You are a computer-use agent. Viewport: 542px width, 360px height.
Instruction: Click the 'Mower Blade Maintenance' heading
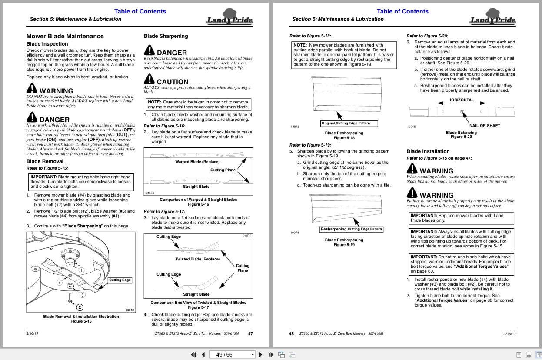pyautogui.click(x=65, y=36)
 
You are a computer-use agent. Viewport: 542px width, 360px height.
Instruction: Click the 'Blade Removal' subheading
pyautogui.click(x=45, y=161)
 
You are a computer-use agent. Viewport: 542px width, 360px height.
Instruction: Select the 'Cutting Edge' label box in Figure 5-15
pyautogui.click(x=120, y=280)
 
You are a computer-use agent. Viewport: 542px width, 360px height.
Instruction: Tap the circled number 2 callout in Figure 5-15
pyautogui.click(x=80, y=307)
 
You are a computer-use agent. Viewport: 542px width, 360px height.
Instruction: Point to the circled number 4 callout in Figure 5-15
pyautogui.click(x=60, y=283)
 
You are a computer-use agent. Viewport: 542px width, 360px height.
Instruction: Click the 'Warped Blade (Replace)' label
pyautogui.click(x=197, y=162)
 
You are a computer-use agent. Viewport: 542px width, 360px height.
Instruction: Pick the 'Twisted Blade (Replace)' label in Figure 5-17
pyautogui.click(x=197, y=259)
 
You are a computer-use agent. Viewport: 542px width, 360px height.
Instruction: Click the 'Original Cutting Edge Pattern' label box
pyautogui.click(x=349, y=123)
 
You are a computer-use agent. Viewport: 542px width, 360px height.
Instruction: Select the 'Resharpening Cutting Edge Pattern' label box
pyautogui.click(x=351, y=229)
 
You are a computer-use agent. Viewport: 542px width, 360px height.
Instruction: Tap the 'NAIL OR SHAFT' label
pyautogui.click(x=485, y=126)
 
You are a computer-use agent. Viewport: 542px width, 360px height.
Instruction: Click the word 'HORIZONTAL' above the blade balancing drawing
pyautogui.click(x=461, y=100)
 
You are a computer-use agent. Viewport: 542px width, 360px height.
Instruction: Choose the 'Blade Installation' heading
pyautogui.click(x=428, y=151)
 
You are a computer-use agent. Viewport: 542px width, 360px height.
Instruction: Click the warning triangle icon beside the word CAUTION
pyautogui.click(x=149, y=80)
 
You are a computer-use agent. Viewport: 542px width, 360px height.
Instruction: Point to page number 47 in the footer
pyautogui.click(x=250, y=334)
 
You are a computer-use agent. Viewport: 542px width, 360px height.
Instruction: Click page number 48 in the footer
pyautogui.click(x=291, y=334)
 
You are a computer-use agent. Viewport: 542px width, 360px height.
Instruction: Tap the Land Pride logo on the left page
pyautogui.click(x=229, y=20)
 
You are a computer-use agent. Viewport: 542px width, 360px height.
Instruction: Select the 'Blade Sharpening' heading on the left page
pyautogui.click(x=166, y=36)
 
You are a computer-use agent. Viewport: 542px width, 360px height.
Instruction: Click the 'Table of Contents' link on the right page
pyautogui.click(x=402, y=11)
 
